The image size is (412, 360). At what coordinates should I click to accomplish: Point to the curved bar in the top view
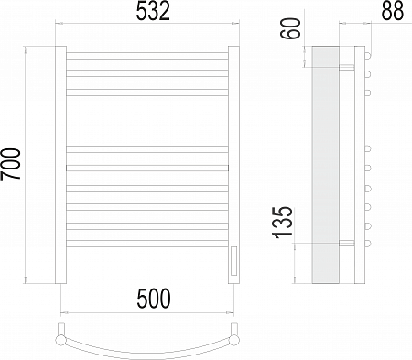(146, 349)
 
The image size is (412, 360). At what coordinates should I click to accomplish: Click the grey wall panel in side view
(324, 165)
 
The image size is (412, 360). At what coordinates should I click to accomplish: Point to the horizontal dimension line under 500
(146, 311)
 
